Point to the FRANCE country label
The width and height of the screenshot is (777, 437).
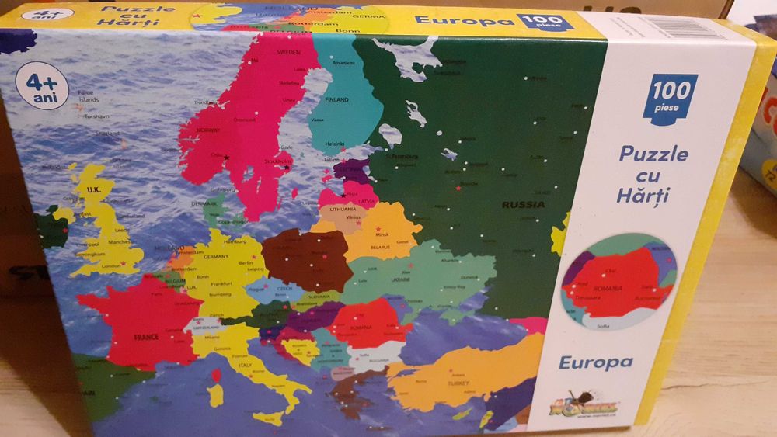coord(146,337)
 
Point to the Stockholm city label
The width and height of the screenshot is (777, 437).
coord(279,162)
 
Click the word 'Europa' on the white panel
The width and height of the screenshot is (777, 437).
coord(595,362)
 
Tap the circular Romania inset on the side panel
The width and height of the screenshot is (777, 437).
coord(619,281)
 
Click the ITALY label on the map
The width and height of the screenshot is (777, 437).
coord(245,364)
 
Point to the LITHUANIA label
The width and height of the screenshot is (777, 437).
coord(343,210)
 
